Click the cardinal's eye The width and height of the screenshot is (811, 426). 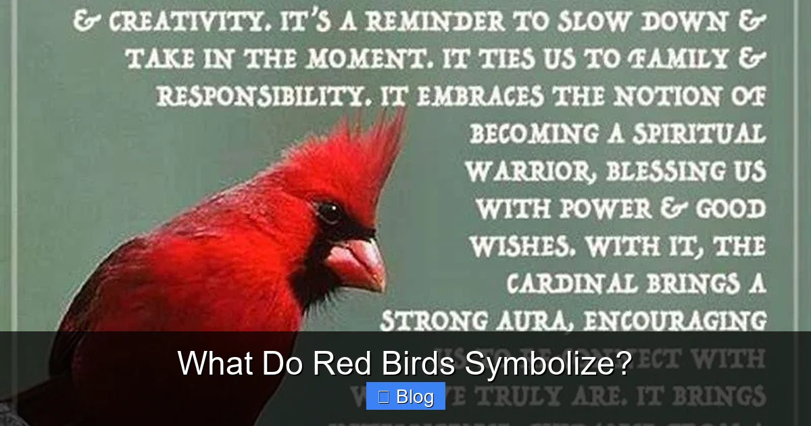(329, 212)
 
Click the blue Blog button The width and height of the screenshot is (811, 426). (405, 396)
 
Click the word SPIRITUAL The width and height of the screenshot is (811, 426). (702, 133)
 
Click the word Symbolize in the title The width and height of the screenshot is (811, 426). (548, 364)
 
